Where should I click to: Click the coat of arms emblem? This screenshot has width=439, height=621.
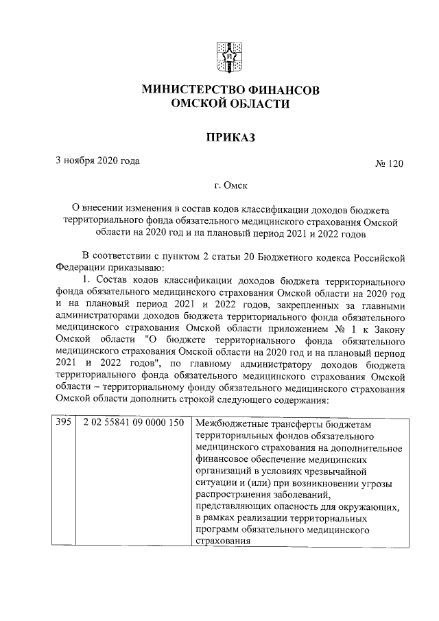(219, 53)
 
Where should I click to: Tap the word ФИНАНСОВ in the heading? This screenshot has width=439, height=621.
(281, 90)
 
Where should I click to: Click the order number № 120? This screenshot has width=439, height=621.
(389, 165)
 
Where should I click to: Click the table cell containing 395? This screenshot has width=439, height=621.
(63, 423)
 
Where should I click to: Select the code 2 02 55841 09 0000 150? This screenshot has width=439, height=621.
(133, 423)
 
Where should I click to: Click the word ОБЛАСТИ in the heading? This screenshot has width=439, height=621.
(257, 104)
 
